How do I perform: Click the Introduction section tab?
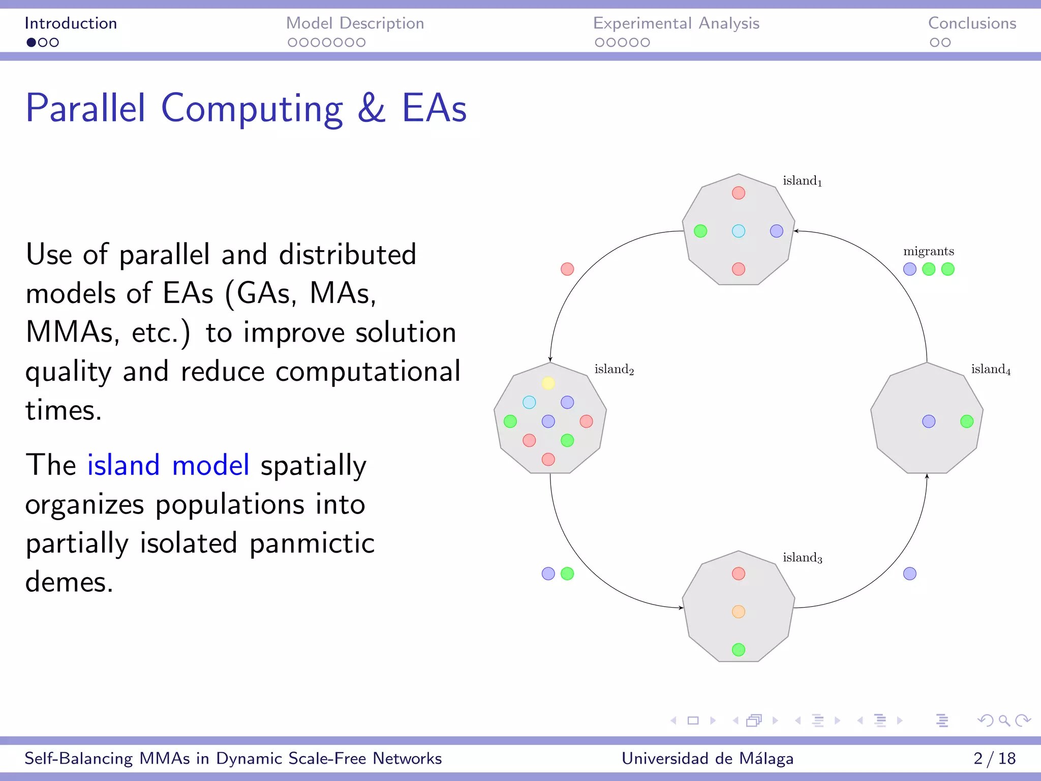coord(71,23)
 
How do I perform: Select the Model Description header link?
coord(355,23)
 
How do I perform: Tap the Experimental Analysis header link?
coord(676,23)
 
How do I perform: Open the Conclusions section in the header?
coord(972,23)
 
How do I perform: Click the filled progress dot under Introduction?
coord(32,43)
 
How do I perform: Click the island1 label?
coord(802,181)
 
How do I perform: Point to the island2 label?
coord(614,370)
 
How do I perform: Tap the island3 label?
coord(802,558)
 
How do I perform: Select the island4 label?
coord(991,370)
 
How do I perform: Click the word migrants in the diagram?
coord(928,251)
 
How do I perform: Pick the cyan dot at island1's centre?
coord(739,231)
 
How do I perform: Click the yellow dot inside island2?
coord(548,383)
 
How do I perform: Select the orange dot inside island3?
coord(739,612)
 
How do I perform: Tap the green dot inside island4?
coord(967,422)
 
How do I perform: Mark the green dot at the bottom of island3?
coord(739,650)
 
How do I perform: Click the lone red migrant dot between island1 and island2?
coord(567,269)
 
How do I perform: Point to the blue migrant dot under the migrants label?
coord(910,269)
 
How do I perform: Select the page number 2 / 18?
coord(994,759)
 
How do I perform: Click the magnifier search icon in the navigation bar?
coord(1004,720)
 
